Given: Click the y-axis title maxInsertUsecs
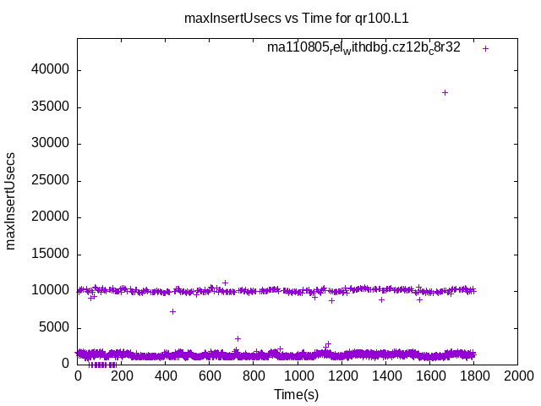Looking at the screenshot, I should click(11, 200).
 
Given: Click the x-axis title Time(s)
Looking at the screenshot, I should click(297, 394).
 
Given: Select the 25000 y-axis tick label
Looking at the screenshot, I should click(52, 181).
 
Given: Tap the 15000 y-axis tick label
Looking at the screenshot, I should click(52, 255).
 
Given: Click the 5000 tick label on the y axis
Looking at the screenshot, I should click(56, 328).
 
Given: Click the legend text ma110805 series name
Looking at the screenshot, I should click(363, 48).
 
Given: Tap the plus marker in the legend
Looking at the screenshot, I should click(485, 48).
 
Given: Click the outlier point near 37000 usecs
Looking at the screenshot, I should click(445, 92).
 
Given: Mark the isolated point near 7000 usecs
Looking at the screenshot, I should click(172, 311).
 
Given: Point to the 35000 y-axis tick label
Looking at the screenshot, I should click(52, 107).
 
